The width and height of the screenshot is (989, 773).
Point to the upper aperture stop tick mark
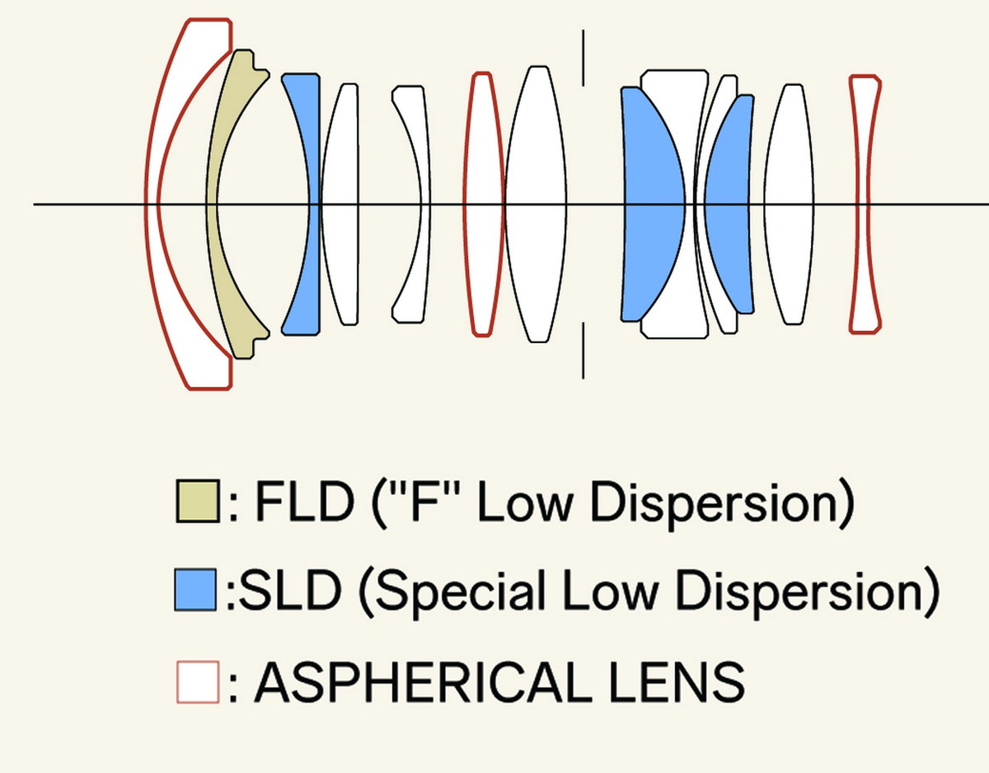(584, 58)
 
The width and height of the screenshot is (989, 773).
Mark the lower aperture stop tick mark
(584, 351)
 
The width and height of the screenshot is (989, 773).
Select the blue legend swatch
(195, 591)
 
